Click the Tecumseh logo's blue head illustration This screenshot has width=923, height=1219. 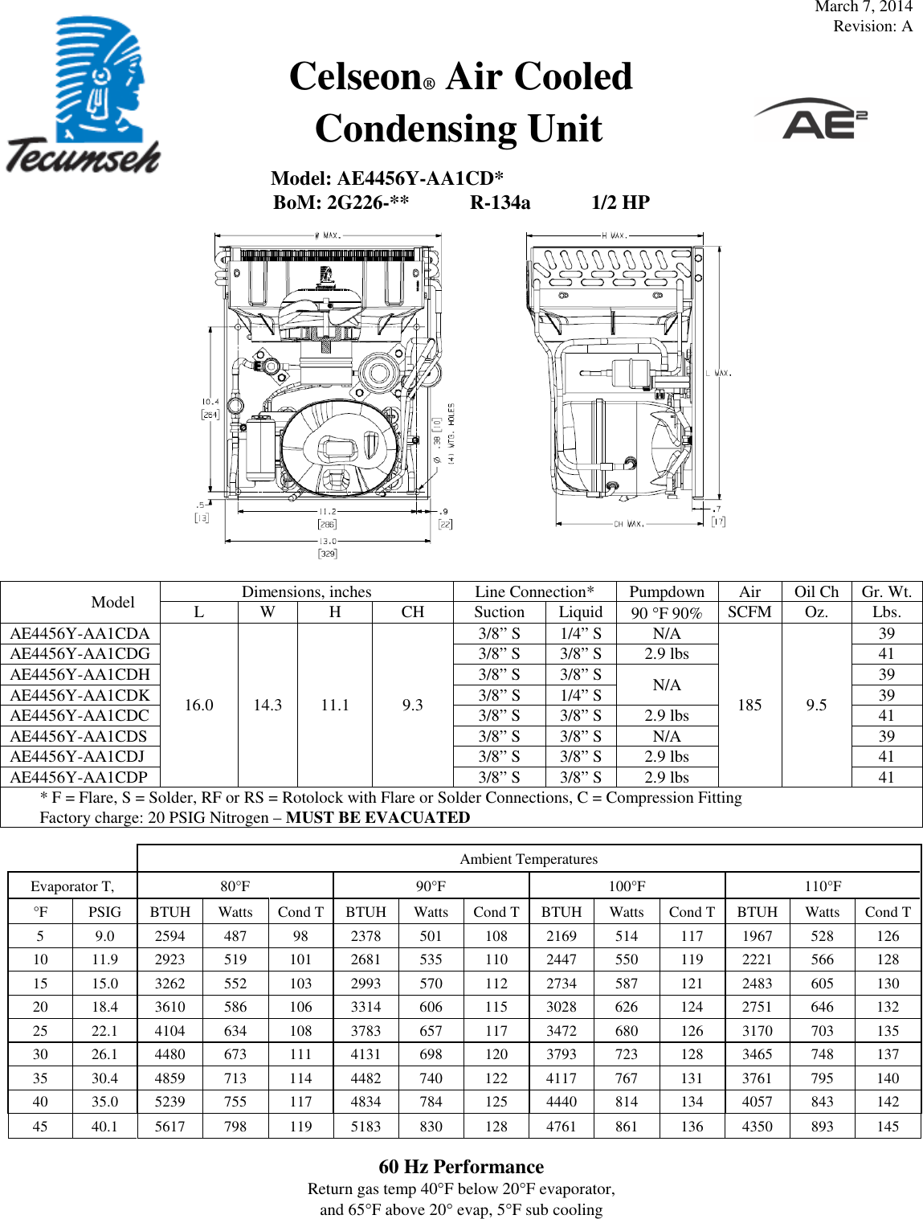100,80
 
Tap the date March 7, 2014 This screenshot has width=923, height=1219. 863,7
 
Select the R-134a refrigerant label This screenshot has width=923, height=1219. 500,202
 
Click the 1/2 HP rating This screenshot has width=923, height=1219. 620,202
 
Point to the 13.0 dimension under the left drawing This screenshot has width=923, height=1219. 328,541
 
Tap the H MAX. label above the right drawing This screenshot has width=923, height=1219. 615,235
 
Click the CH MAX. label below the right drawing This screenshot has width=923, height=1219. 628,524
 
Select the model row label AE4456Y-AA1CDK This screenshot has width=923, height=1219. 80,695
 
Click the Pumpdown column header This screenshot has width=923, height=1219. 666,592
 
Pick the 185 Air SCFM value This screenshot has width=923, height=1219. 749,705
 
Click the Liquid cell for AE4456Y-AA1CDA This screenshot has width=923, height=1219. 580,633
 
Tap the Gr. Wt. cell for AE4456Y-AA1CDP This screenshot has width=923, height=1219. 886,777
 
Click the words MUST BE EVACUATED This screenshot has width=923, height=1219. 378,817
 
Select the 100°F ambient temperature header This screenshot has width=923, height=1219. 627,886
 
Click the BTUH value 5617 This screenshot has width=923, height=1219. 169,1127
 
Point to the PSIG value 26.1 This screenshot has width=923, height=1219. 104,1054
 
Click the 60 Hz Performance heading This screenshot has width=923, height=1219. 461,1167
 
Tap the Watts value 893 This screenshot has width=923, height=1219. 822,1127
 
